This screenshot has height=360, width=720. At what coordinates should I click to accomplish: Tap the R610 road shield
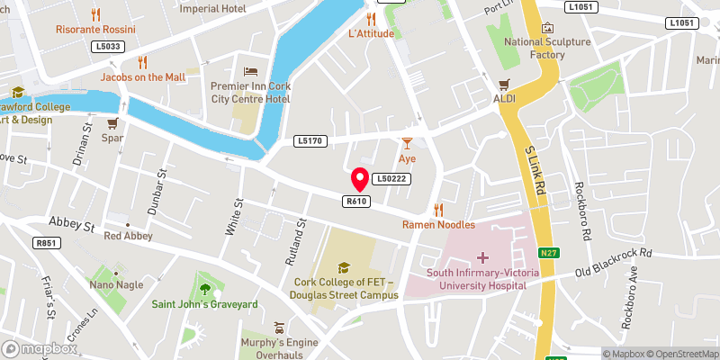pos(355,201)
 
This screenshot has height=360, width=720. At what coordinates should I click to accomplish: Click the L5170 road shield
pos(309,141)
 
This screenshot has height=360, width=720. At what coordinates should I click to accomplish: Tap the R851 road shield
pos(44,243)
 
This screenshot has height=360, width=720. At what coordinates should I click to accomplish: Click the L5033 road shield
pos(108,45)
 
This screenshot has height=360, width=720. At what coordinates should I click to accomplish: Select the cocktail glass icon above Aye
pos(407,142)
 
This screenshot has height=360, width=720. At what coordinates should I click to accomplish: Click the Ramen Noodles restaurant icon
pos(438,209)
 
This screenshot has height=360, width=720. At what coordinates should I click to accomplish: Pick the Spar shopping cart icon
pos(112,124)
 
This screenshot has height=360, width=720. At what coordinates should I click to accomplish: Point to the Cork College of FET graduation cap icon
pos(343,266)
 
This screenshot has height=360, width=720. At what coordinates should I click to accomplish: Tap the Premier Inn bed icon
pos(250,71)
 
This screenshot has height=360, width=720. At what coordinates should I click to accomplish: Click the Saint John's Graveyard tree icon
pos(205,289)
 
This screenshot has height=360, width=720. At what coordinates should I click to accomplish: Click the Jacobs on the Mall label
pos(142,77)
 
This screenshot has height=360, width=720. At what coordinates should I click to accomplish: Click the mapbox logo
pos(40,348)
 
